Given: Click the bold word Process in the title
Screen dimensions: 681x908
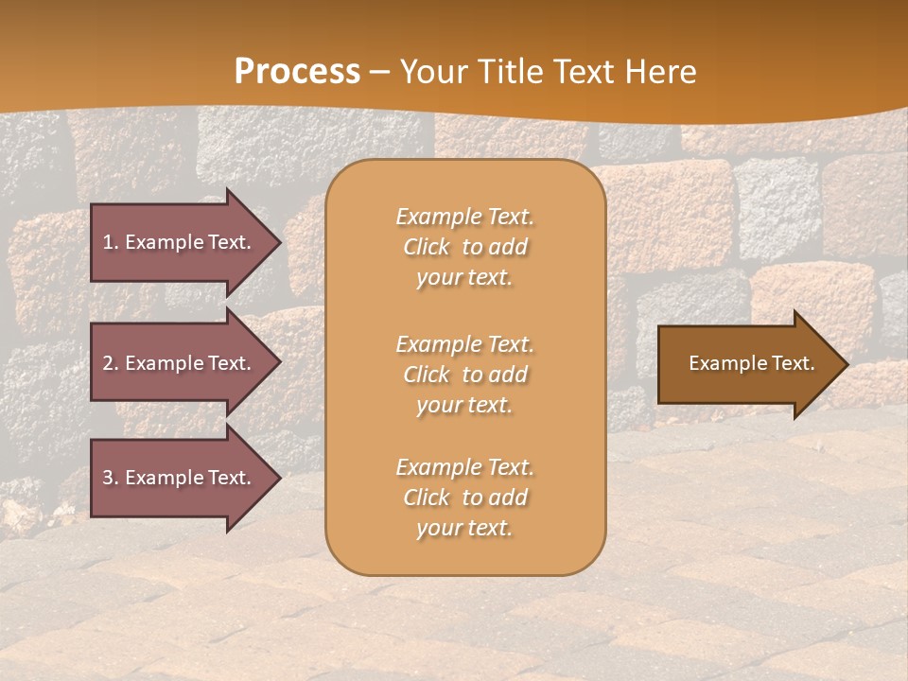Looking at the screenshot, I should click(297, 72).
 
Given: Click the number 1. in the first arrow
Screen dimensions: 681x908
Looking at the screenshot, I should click(111, 242).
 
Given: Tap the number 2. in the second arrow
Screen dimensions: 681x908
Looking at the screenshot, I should click(111, 363).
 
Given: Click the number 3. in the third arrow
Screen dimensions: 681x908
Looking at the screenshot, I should click(111, 478).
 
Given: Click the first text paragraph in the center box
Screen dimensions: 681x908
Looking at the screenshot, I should click(464, 247).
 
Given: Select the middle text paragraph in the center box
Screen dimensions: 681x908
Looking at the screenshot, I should click(464, 375).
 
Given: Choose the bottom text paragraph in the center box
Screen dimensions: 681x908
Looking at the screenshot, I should click(464, 498).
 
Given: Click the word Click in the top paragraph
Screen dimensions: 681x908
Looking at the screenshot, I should click(427, 247).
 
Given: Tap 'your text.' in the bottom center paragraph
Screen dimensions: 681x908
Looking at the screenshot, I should click(464, 528).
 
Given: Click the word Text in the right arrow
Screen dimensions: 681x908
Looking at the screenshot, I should click(793, 363).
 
